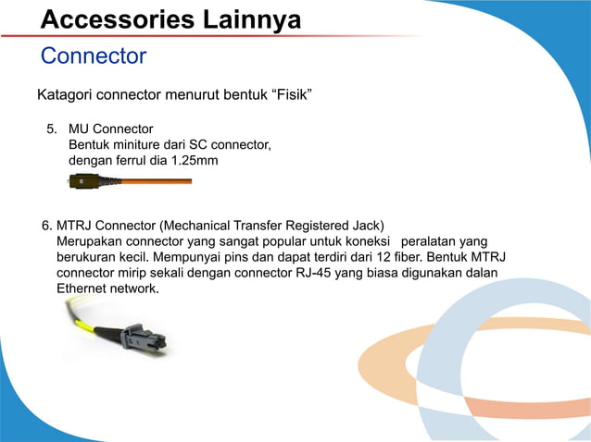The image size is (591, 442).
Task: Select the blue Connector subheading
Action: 94,56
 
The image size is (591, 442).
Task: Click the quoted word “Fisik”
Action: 289,95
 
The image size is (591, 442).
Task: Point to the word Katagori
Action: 66,95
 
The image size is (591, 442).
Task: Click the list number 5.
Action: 52,129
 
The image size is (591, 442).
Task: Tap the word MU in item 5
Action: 80,129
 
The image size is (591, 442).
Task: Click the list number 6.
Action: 47,225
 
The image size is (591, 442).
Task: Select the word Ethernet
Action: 84,289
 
